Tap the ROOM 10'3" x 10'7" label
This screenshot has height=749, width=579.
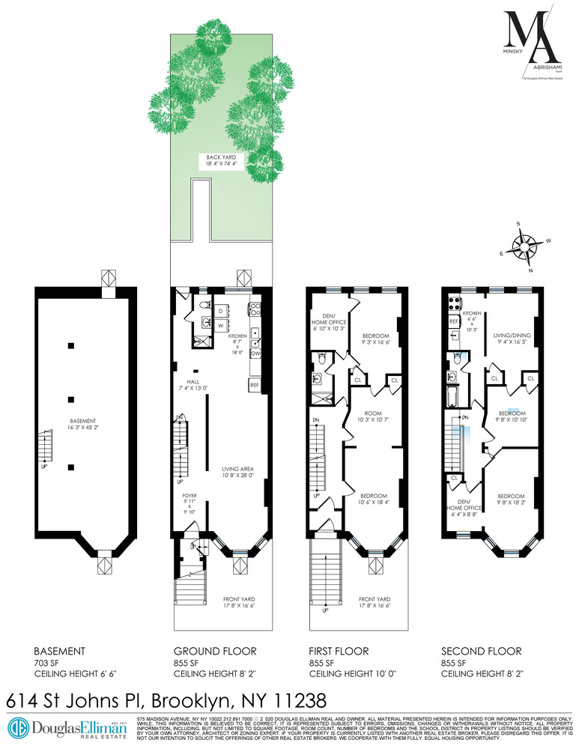coord(372,417)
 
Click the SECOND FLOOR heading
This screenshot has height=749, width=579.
coord(481,651)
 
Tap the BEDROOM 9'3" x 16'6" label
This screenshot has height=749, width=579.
coord(377,339)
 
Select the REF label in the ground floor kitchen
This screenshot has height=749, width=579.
coord(255,384)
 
